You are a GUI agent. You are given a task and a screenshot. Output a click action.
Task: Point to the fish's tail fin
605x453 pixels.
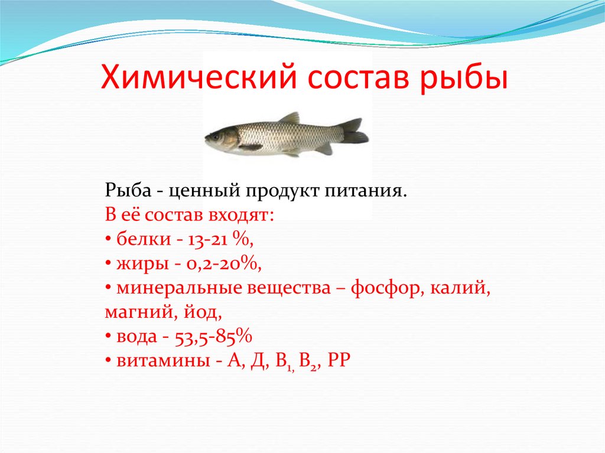tap(354, 131)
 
